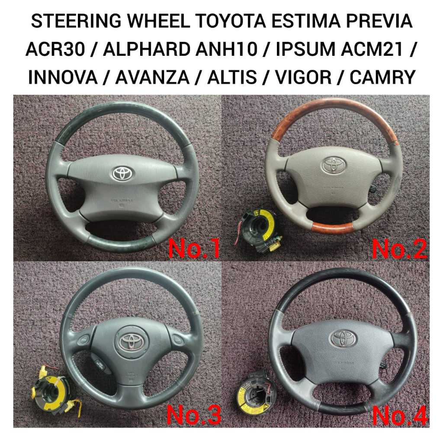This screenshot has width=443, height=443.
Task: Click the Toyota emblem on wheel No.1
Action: point(123,173)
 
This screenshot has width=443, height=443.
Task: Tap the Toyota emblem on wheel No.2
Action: point(333,165)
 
